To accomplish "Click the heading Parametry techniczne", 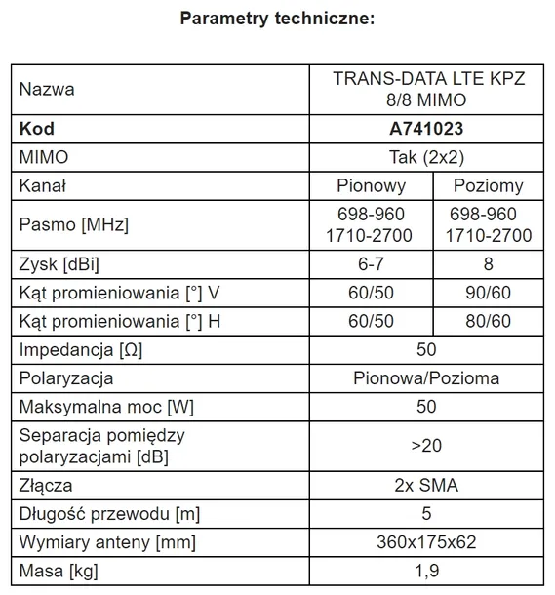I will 277,19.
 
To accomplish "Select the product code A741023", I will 426,129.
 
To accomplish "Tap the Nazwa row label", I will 47,90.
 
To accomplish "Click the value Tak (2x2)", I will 426,157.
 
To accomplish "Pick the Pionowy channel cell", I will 371,185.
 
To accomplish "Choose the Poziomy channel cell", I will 488,185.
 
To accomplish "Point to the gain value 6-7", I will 371,264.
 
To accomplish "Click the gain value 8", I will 488,264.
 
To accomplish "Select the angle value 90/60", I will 488,293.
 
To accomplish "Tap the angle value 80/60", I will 488,321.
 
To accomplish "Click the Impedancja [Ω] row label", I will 79,349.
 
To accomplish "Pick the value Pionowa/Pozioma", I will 426,377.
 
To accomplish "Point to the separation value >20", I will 426,445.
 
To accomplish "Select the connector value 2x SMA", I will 426,485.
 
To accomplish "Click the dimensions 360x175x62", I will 426,541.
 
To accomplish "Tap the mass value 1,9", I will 426,570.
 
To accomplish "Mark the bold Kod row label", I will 36,129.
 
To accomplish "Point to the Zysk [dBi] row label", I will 59,264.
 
